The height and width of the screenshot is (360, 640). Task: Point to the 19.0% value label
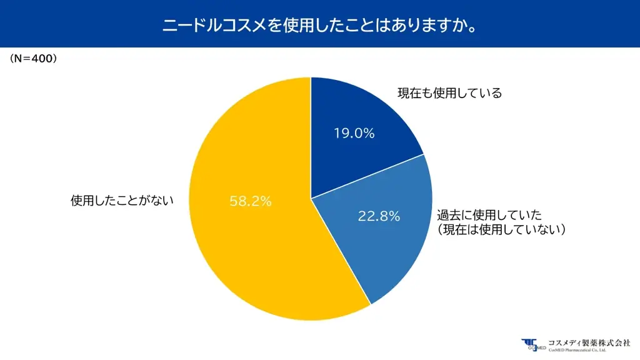coord(354,133)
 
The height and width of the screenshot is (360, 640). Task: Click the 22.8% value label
coord(379,216)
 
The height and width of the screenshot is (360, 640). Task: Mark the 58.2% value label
coord(251,201)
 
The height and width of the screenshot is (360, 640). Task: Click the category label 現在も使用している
coord(449,94)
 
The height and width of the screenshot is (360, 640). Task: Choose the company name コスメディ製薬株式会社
coord(589,342)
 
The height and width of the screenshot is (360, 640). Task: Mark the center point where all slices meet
coord(311,199)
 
